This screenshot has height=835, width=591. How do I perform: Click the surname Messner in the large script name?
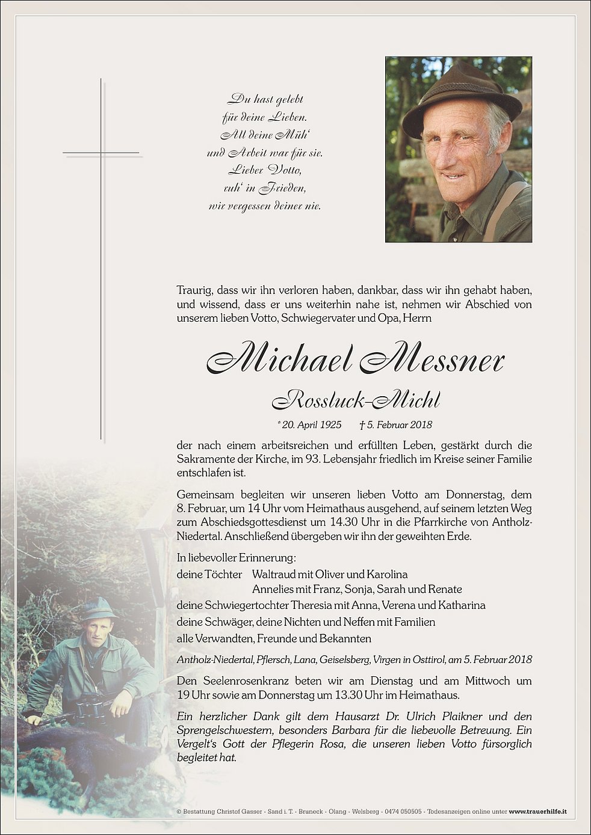pos(432,360)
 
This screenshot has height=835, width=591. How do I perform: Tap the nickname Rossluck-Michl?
pos(356,399)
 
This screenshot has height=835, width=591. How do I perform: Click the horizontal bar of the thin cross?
pos(101,153)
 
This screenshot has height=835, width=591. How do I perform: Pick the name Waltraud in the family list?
pos(274,575)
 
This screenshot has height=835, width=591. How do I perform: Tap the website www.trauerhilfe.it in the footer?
pos(537,812)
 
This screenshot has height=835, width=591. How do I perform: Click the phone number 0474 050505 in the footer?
pos(403,812)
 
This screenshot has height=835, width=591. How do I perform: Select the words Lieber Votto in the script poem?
pos(264,170)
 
